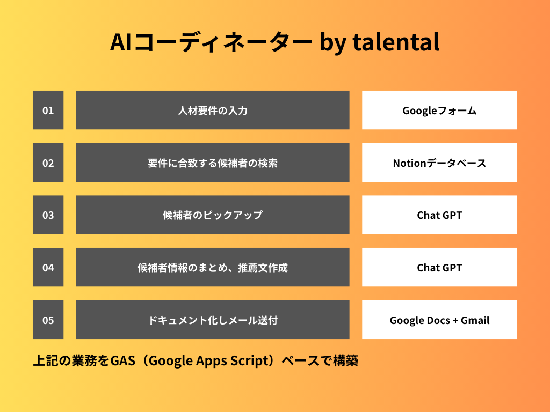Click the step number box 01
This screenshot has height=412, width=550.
click(48, 110)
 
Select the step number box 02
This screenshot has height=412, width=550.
click(48, 163)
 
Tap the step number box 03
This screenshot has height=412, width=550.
click(48, 215)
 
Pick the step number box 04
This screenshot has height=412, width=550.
click(48, 267)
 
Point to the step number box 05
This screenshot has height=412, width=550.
click(48, 320)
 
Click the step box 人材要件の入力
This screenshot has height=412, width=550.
click(213, 110)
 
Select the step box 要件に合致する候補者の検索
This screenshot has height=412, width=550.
click(213, 163)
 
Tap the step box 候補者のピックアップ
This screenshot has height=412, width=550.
click(213, 215)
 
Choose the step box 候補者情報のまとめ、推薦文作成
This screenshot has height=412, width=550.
click(213, 267)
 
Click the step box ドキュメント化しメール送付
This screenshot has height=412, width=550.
click(213, 320)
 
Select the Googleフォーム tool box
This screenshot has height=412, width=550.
click(439, 110)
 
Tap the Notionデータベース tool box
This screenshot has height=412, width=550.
click(439, 163)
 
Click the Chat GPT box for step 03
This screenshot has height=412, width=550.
click(439, 215)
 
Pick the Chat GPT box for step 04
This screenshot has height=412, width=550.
click(439, 267)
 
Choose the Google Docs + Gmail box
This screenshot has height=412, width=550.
click(439, 320)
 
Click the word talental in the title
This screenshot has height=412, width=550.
click(396, 42)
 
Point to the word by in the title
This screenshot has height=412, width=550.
click(332, 43)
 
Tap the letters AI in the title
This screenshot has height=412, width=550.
click(121, 42)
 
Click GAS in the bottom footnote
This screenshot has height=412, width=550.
click(123, 360)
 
